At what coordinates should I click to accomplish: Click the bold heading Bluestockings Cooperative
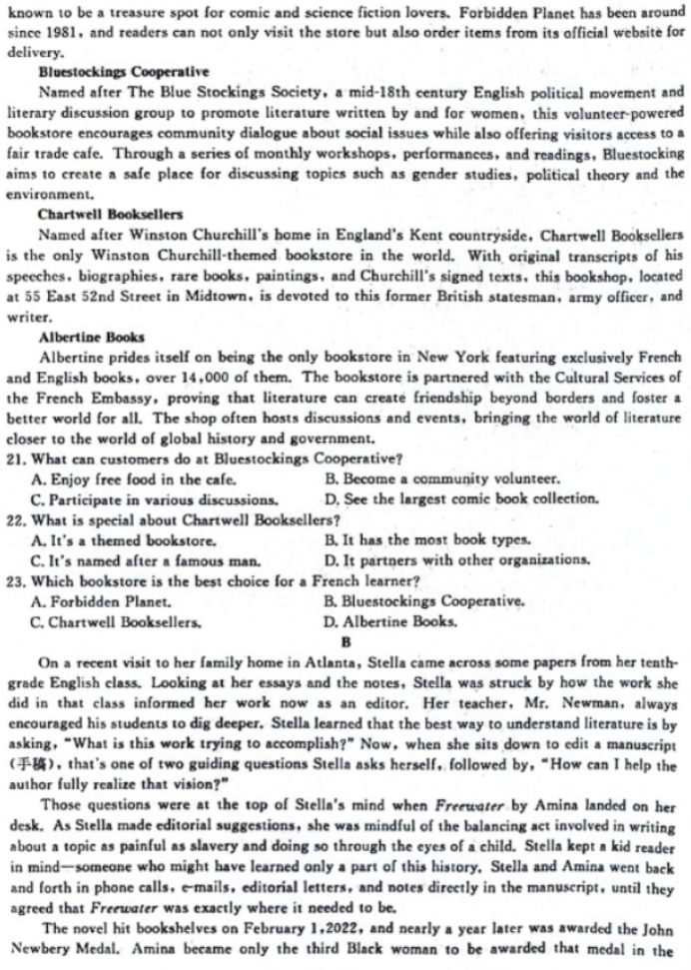coord(123,73)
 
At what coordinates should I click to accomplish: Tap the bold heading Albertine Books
coord(91,337)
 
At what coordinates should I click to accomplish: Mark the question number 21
coord(15,460)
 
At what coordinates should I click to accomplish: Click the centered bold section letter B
coord(345,640)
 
